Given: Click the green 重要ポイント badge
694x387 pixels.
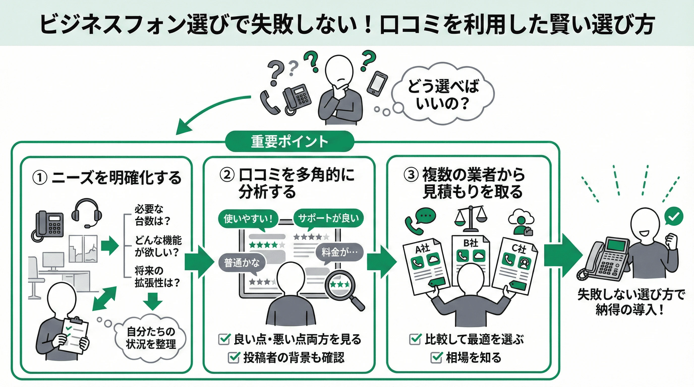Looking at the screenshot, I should [x=289, y=142].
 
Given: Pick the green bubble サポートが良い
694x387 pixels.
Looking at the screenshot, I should [x=328, y=218].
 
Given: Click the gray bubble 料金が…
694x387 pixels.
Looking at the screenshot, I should [x=339, y=252].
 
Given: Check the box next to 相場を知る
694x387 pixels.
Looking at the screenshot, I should [x=437, y=358].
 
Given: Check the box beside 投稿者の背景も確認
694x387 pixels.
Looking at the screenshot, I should [x=234, y=358].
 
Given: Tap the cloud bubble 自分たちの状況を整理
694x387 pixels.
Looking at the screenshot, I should [x=151, y=338].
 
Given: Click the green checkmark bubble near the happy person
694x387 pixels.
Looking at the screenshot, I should [x=674, y=216].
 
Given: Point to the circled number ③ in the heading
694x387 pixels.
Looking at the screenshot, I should [x=411, y=175].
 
